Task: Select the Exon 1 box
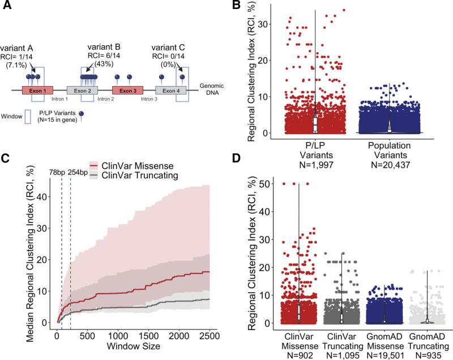click(x=38, y=90)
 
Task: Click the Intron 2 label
click(x=106, y=98)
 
